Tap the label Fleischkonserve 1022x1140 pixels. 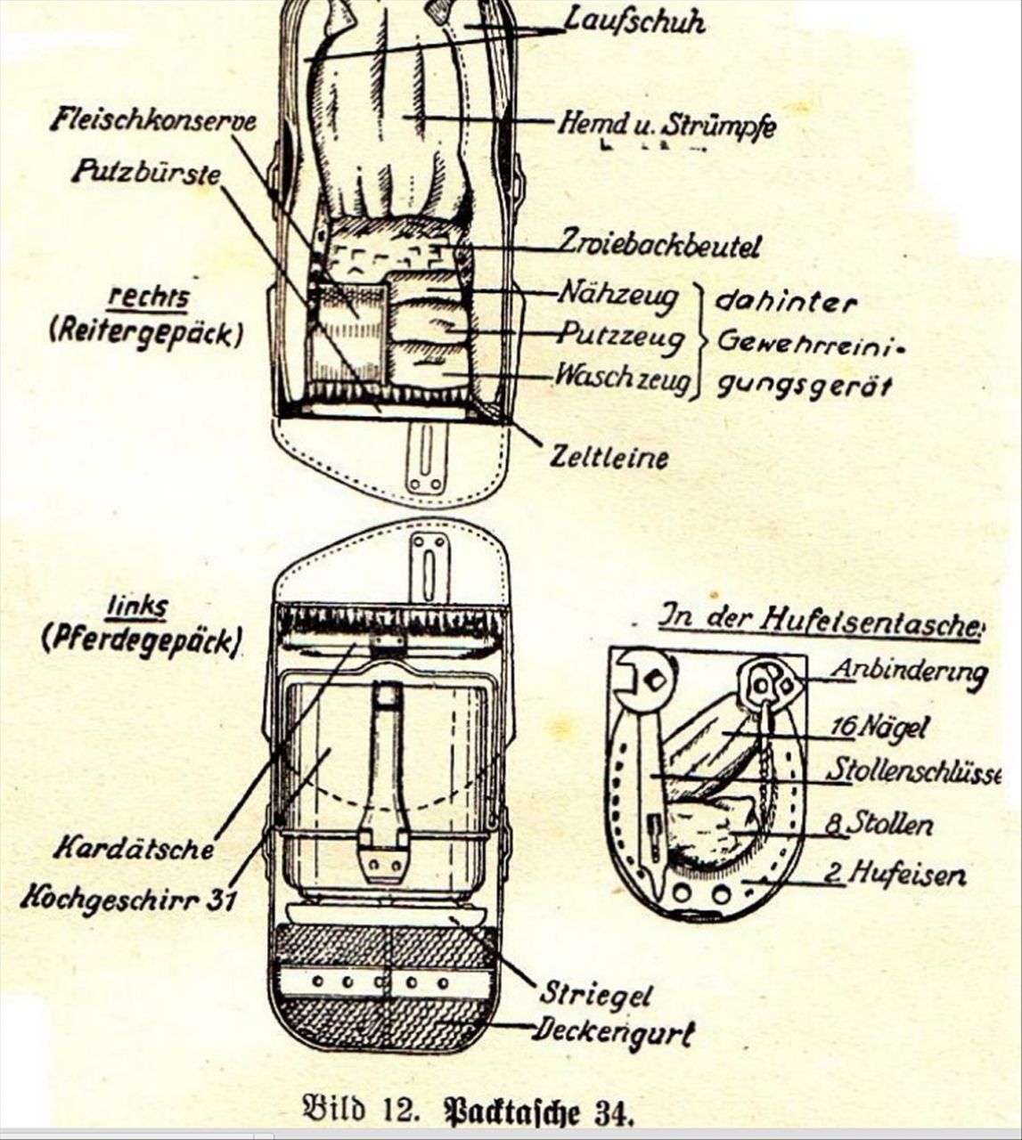(153, 120)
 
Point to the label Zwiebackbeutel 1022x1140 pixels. (660, 244)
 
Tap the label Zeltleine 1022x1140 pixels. (609, 458)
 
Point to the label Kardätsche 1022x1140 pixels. (134, 848)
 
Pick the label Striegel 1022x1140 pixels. (594, 994)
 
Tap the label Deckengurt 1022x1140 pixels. (614, 1032)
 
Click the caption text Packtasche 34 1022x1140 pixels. (537, 1111)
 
